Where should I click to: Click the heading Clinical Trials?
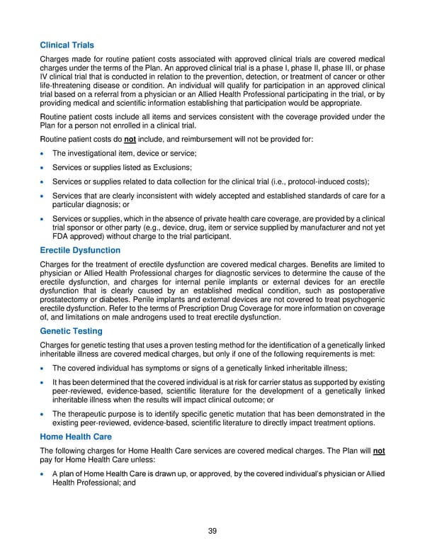(x=67, y=45)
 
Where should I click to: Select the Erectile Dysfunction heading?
(x=80, y=250)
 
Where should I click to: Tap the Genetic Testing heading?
(x=71, y=331)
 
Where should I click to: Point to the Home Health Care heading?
(x=76, y=437)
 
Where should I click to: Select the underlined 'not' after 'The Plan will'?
(x=378, y=451)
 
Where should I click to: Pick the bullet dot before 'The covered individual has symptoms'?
(x=44, y=368)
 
